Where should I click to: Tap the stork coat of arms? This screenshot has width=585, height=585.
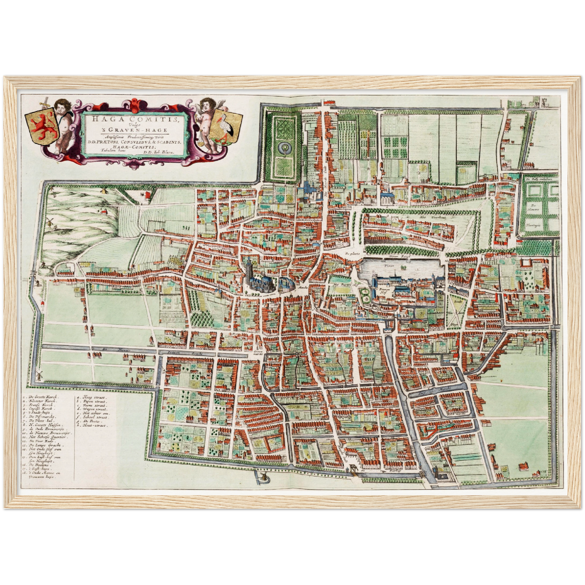click(228, 125)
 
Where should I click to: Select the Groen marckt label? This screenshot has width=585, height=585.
click(258, 353)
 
